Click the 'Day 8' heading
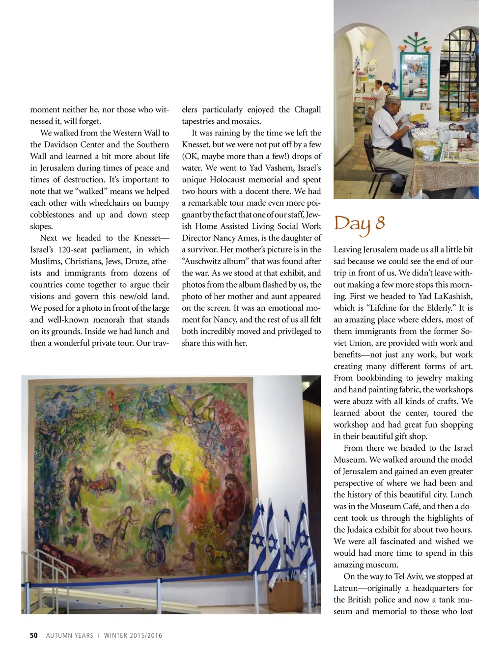click(359, 224)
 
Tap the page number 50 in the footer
click(33, 635)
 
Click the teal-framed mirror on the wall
click(415, 74)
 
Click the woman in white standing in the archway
click(378, 94)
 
